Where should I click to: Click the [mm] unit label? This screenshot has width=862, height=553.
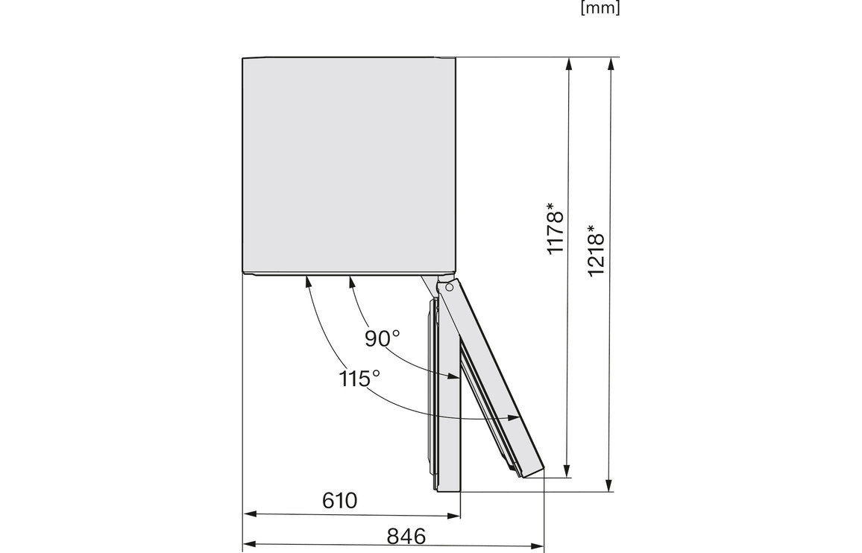[600, 7]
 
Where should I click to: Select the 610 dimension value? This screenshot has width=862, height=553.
[340, 500]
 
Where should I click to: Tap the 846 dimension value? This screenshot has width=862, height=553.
[407, 536]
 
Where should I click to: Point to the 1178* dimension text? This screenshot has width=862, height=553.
[556, 229]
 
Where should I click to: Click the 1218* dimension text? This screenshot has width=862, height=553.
[596, 250]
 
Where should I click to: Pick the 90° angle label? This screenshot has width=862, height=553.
[383, 338]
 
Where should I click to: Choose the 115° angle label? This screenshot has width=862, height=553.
[359, 379]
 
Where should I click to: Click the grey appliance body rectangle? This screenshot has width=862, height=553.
[349, 165]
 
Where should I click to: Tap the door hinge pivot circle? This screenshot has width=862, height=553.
[449, 286]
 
